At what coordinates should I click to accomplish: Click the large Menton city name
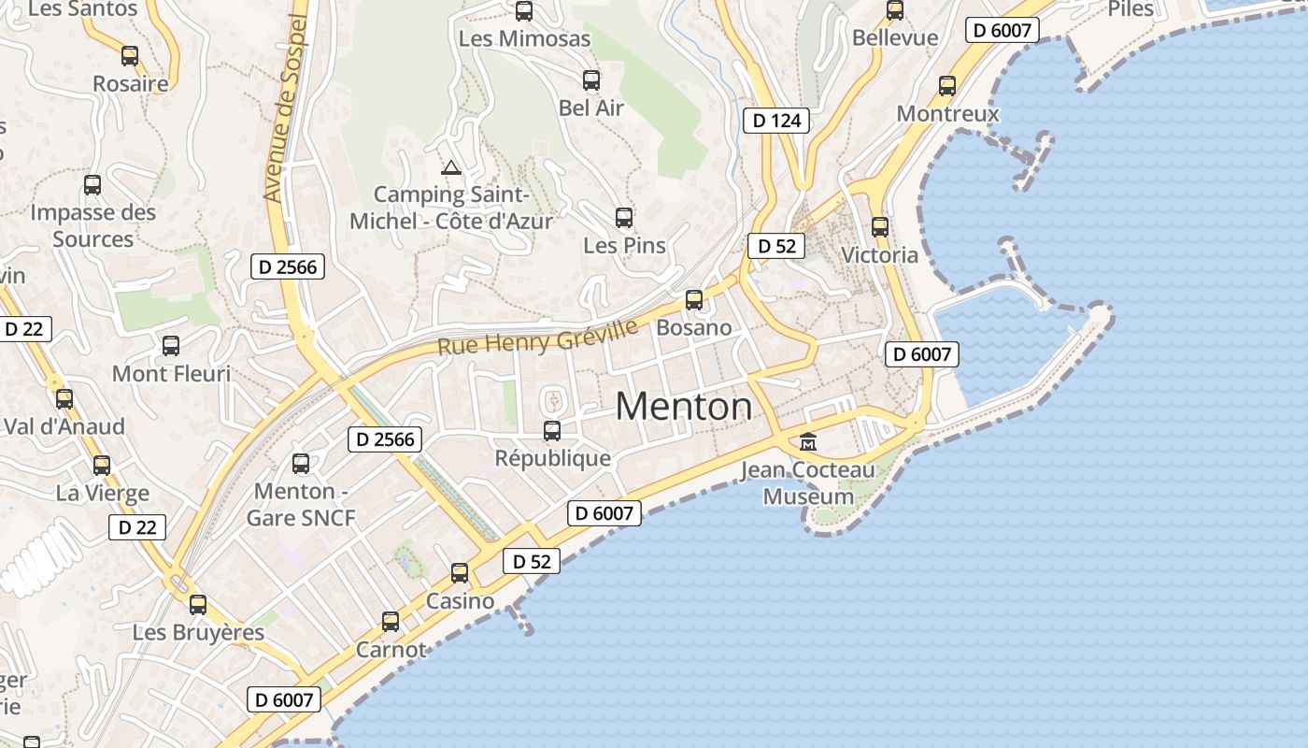(x=684, y=406)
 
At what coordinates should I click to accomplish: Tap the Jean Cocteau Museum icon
(x=808, y=441)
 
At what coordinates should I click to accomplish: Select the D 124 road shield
(x=776, y=121)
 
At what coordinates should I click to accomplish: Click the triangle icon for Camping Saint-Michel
(x=451, y=168)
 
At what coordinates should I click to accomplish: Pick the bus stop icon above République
(x=552, y=430)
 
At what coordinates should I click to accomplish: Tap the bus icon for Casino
(x=460, y=572)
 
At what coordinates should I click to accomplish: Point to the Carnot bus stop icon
(x=391, y=621)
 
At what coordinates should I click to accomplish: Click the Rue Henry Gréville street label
(x=538, y=337)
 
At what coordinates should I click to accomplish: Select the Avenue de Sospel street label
(x=286, y=108)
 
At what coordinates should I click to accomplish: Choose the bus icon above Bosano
(x=694, y=299)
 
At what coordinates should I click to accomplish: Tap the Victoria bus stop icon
(x=880, y=226)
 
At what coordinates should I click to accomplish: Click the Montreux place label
(x=947, y=114)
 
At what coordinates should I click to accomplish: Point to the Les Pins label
(x=624, y=246)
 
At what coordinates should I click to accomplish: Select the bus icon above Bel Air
(x=591, y=79)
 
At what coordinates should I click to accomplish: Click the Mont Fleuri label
(x=171, y=374)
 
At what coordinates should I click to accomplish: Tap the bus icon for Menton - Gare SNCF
(x=301, y=463)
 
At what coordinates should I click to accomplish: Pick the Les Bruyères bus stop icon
(x=198, y=604)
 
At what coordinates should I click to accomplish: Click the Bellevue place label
(x=894, y=37)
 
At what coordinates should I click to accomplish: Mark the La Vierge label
(x=102, y=493)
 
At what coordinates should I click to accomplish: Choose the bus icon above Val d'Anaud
(x=64, y=398)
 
